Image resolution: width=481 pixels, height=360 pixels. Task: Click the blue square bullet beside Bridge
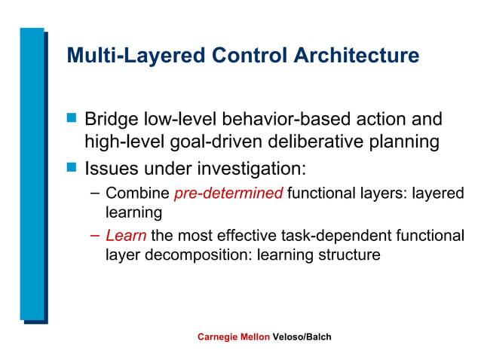point(72,118)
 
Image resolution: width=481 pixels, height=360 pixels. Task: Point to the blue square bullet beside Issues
point(72,165)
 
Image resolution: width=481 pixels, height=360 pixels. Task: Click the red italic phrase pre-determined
point(228,194)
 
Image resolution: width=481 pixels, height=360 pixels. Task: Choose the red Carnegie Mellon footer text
point(233,337)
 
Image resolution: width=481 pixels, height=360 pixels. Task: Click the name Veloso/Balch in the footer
point(302,337)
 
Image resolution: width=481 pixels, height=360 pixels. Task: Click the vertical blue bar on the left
point(32,173)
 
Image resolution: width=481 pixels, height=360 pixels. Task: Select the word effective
point(253,236)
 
